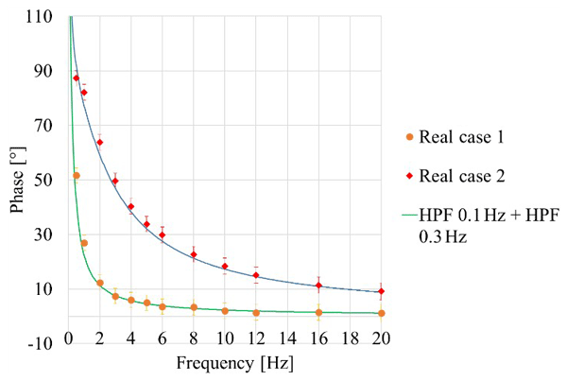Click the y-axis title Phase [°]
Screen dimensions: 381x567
coord(18,180)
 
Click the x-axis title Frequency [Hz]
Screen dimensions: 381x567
coord(225,364)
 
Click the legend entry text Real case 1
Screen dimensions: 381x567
coord(459,137)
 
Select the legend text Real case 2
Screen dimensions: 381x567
coord(459,176)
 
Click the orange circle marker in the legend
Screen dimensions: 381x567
coord(409,137)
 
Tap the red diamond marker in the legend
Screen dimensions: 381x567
coord(409,176)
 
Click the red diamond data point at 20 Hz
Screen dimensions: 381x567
coord(381,291)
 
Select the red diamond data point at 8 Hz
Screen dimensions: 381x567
coord(193,254)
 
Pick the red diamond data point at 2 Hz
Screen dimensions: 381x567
coord(99,142)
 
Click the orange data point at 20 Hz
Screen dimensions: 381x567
coord(381,313)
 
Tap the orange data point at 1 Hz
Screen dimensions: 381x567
coord(84,243)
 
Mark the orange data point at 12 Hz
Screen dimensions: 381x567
coord(256,312)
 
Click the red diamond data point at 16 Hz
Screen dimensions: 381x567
coord(318,286)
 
